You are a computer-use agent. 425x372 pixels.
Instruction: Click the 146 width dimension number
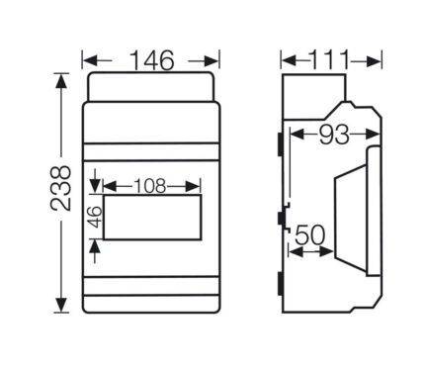[x=151, y=60]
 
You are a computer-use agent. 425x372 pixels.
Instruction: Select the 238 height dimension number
[x=60, y=188]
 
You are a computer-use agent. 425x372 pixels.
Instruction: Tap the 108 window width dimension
[x=150, y=186]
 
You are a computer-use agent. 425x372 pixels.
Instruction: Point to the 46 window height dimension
[x=95, y=217]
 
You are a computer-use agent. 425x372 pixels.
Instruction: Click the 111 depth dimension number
[x=329, y=60]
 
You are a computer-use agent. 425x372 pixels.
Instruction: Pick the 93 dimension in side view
[x=334, y=135]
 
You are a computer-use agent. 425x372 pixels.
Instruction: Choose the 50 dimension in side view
[x=309, y=235]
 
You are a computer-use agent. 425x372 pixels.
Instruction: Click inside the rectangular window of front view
[x=152, y=217]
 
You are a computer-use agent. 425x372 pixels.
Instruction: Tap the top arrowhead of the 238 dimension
[x=61, y=81]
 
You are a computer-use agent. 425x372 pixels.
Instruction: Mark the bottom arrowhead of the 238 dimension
[x=61, y=305]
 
